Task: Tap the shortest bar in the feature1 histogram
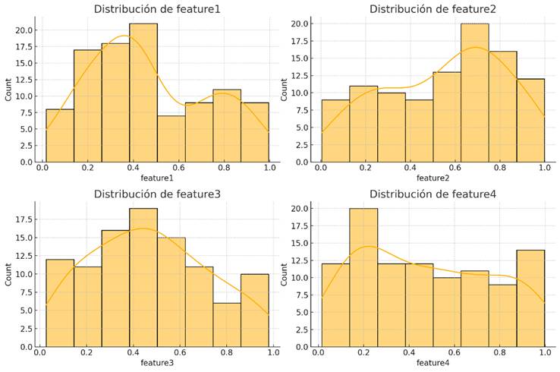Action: tap(171, 139)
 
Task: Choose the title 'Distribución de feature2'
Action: tap(432, 9)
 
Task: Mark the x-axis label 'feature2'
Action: tap(432, 178)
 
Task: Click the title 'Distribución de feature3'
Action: tap(156, 194)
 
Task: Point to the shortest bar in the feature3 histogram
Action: tap(226, 325)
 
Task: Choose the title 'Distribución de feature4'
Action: tap(432, 194)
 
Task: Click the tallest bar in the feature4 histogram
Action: tap(363, 277)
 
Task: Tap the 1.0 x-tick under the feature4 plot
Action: tap(543, 353)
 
